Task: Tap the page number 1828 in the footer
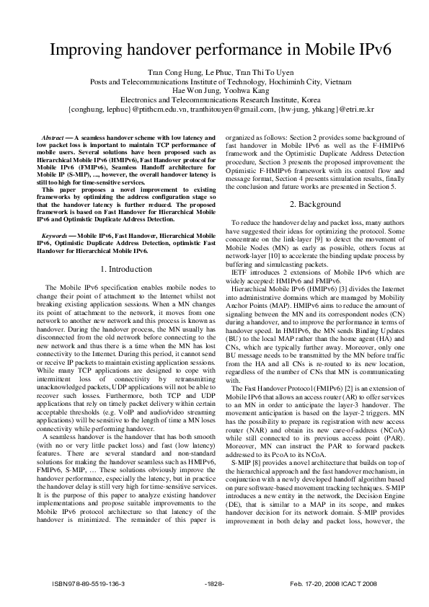coord(216,582)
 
